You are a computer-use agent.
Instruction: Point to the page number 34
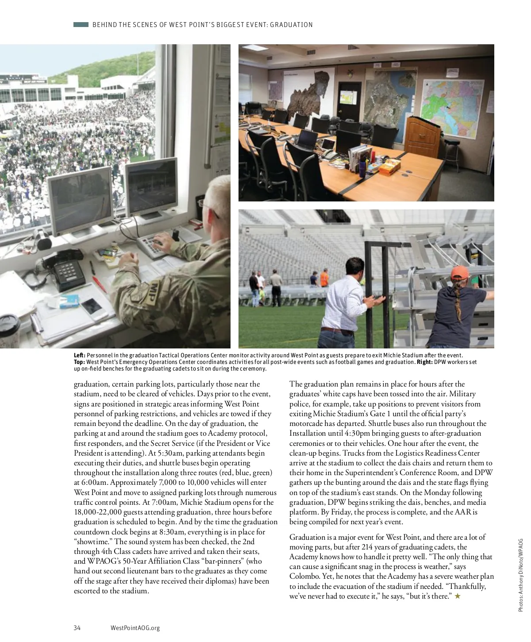coord(77,627)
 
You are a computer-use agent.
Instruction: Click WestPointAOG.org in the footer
coord(135,627)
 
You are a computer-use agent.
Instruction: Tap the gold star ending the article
coord(458,596)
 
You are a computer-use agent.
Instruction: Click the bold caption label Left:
coord(80,356)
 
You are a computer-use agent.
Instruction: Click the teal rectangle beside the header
coord(81,25)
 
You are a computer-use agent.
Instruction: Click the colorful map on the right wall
coord(456,108)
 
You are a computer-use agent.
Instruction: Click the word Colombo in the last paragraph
coord(302,576)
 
